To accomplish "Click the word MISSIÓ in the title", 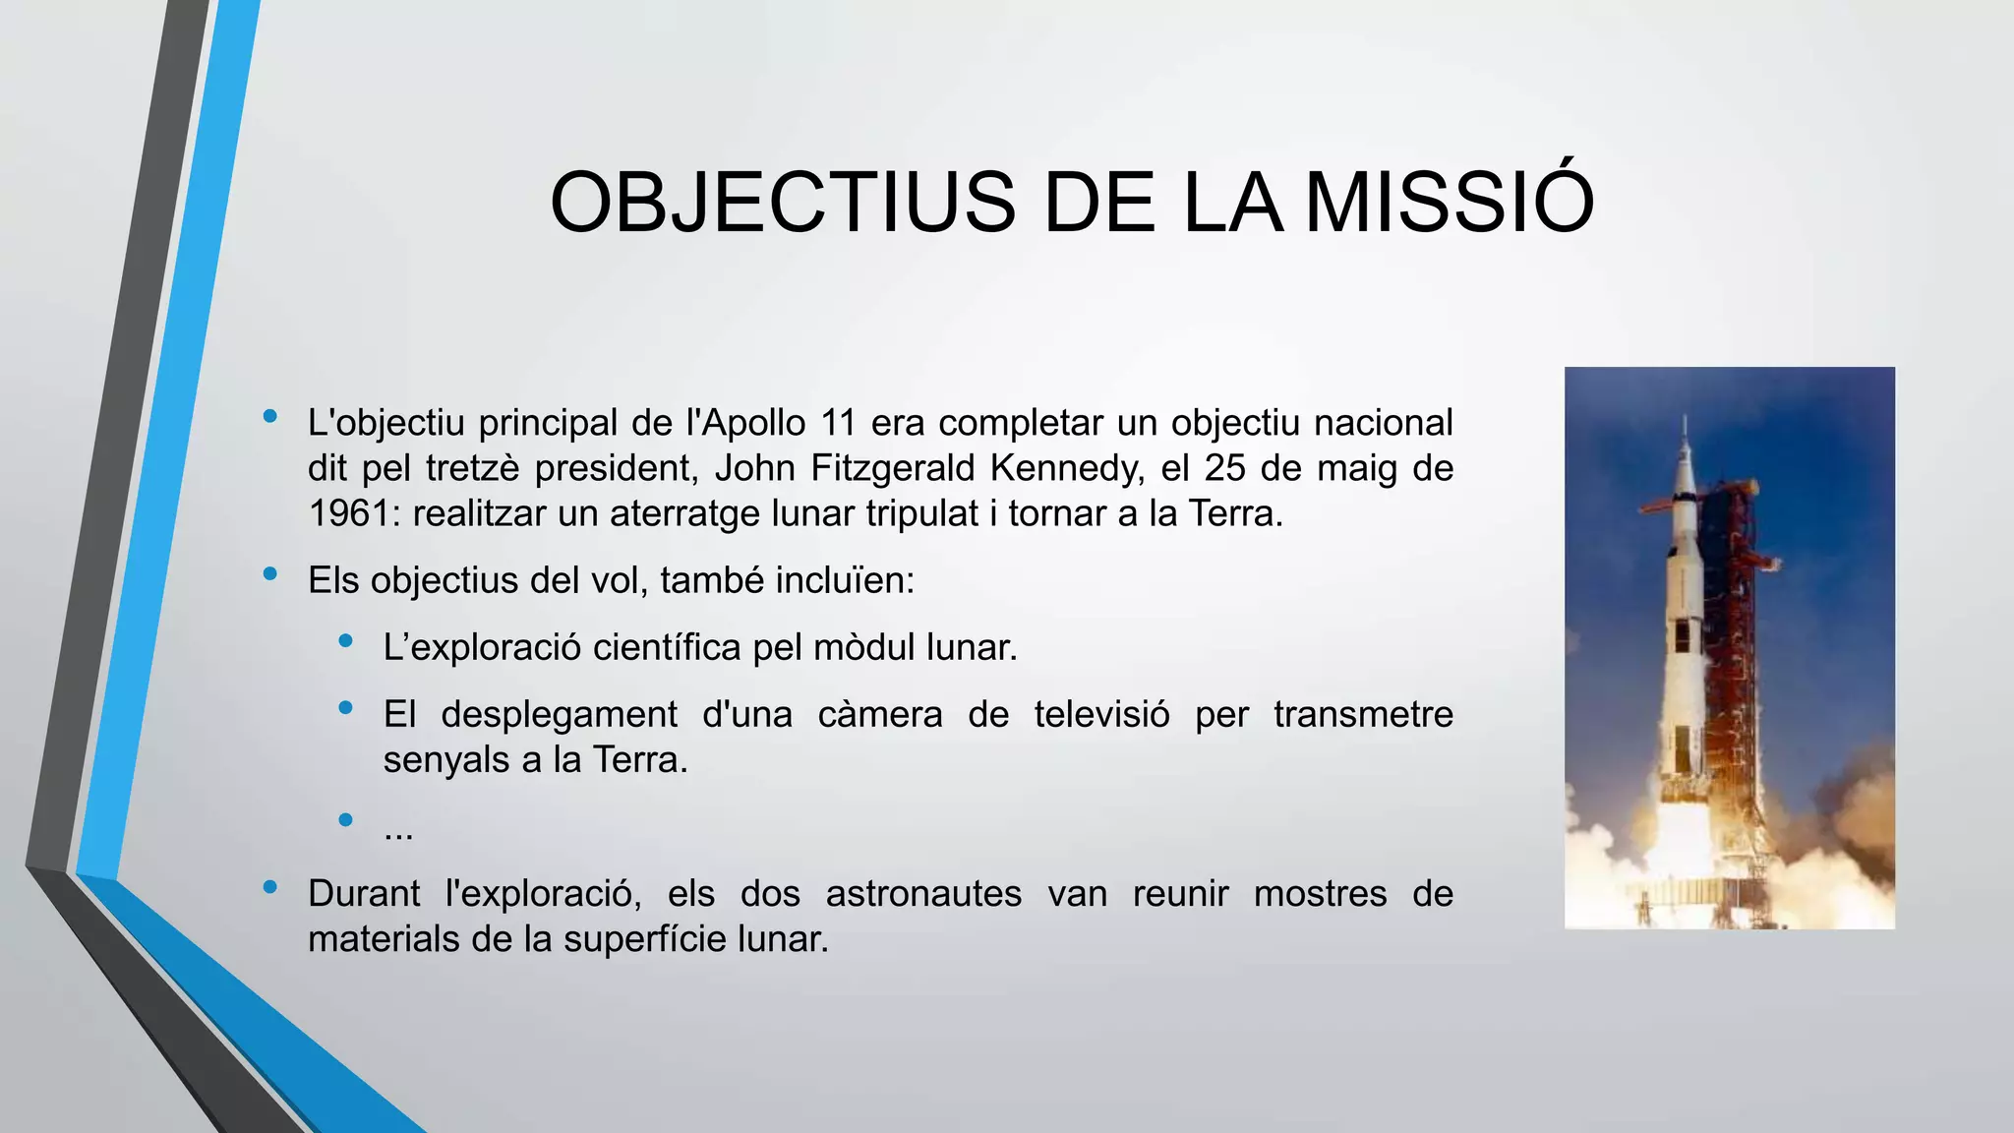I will (1449, 203).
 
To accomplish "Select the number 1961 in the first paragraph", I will (348, 513).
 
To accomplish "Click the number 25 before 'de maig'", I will (1225, 468).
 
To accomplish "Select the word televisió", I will (1101, 714).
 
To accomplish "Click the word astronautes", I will (923, 894).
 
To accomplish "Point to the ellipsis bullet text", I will (398, 832).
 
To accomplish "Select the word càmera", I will (879, 714).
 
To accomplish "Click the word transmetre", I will (1363, 714).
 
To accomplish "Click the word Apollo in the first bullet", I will (754, 423).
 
